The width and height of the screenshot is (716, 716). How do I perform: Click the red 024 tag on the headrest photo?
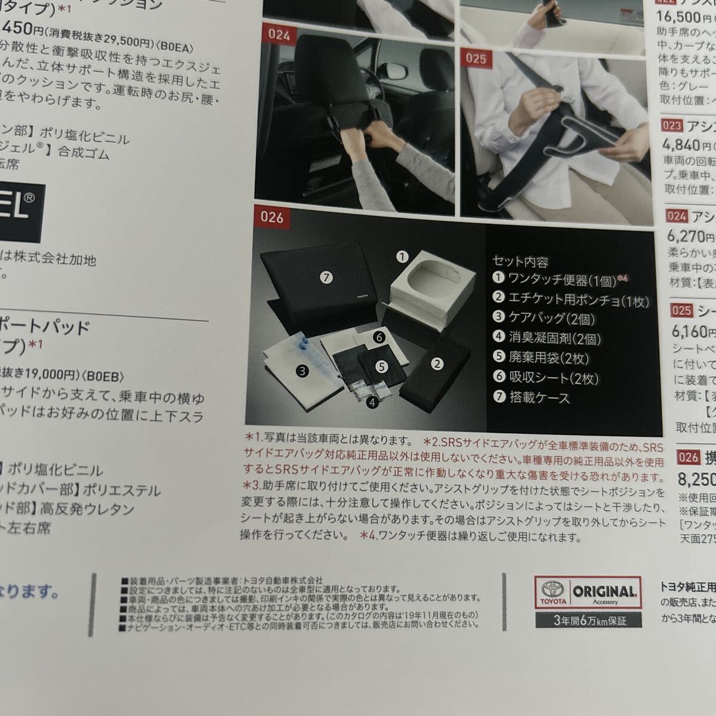tap(279, 35)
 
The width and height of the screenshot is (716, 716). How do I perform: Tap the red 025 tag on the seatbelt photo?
tap(476, 58)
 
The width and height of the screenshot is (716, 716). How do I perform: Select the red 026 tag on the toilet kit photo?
tap(271, 217)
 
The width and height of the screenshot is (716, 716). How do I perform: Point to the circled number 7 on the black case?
tap(325, 277)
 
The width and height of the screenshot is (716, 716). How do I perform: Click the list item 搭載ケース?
tap(538, 397)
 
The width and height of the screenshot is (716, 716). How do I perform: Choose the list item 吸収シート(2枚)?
tap(553, 378)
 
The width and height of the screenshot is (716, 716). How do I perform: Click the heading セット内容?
tap(520, 261)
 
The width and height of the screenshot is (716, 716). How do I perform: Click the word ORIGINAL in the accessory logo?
tap(604, 592)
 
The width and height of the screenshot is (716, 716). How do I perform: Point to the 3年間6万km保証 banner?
tap(590, 621)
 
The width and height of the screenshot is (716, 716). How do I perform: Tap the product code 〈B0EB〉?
tap(103, 375)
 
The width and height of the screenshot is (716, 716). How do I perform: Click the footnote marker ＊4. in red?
tap(368, 536)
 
